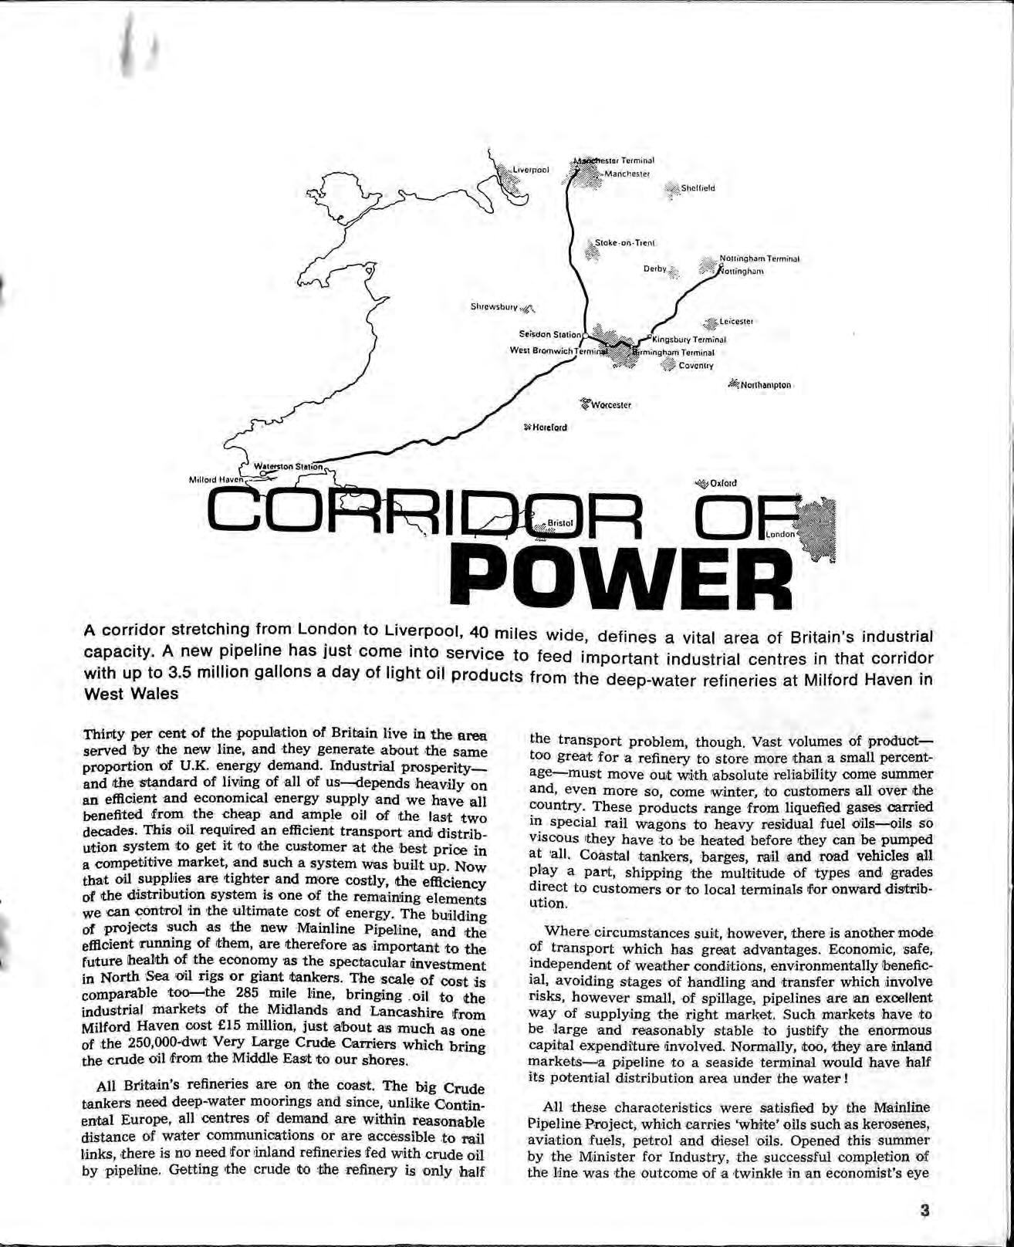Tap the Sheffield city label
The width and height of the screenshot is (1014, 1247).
pyautogui.click(x=698, y=188)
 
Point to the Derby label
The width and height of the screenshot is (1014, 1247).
pyautogui.click(x=654, y=269)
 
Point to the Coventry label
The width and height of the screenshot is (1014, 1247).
pyautogui.click(x=696, y=366)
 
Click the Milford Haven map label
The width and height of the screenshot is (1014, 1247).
pyautogui.click(x=216, y=479)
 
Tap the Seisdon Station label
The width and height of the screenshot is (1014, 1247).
pyautogui.click(x=549, y=335)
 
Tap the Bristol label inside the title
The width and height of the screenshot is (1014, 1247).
pyautogui.click(x=560, y=523)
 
